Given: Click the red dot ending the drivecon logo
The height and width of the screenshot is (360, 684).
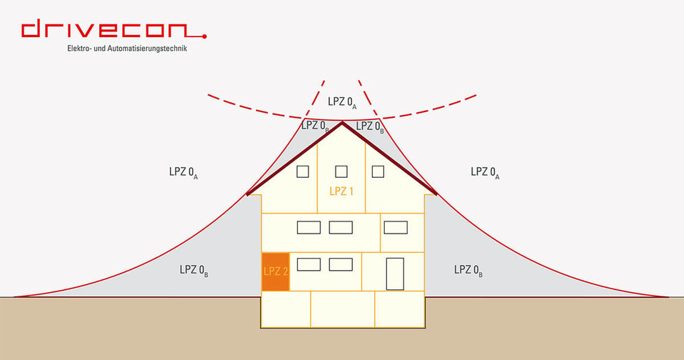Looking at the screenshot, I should [x=204, y=35].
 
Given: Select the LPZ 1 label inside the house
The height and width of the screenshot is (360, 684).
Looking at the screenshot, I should [x=342, y=191].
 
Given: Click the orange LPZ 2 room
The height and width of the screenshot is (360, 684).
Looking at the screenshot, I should [x=276, y=271].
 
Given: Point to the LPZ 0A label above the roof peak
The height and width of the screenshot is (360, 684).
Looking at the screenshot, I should [x=342, y=102].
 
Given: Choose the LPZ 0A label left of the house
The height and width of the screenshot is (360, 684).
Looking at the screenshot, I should [x=183, y=172].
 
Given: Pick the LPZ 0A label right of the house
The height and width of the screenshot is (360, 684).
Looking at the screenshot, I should [x=485, y=172].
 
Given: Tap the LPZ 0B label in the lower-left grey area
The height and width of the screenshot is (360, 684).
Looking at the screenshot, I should [x=193, y=270].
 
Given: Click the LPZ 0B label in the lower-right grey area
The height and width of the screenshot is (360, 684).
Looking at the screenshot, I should [x=468, y=270].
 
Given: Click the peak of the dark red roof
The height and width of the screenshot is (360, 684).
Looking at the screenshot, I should [x=342, y=124].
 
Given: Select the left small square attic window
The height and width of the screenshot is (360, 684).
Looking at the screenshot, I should [x=303, y=171].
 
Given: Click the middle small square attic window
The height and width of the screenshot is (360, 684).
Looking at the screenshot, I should [x=341, y=171].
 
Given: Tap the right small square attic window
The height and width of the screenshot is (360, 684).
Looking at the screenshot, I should [x=378, y=171].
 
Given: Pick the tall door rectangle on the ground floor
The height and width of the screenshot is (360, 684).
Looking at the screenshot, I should [x=395, y=274].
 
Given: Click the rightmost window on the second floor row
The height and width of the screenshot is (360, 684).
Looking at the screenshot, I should [x=395, y=227].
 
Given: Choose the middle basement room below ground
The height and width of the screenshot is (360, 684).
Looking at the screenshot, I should [x=342, y=309].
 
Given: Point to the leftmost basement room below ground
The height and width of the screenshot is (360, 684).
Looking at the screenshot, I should [x=286, y=309].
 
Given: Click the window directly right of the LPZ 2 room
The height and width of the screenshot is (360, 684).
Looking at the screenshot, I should [x=308, y=264].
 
